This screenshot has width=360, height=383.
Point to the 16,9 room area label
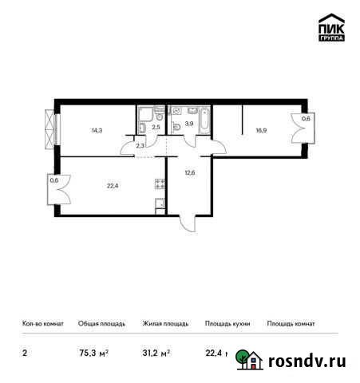coord(261,133)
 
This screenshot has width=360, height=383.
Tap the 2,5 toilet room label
coord(157,126)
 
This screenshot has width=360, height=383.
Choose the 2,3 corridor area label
coord(141,145)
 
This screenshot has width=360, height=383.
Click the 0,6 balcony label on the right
coord(306,119)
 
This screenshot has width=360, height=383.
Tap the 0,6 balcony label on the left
coord(53,180)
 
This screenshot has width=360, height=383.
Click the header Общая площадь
coord(101,324)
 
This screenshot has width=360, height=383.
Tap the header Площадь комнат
coord(291,324)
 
